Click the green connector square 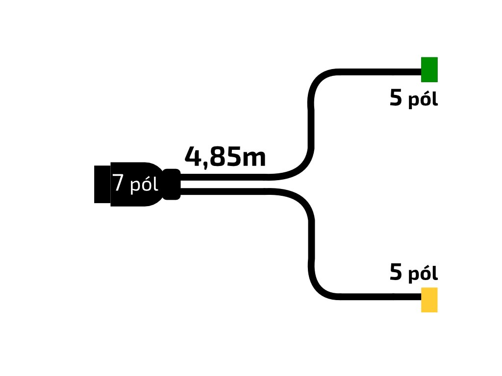coord(429,70)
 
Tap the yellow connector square coord(429,300)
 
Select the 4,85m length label coord(225,157)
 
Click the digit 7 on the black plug coord(118,183)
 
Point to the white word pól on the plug coord(144,186)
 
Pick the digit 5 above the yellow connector coord(396,273)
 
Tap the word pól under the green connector coord(423,100)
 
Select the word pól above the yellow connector coord(423,274)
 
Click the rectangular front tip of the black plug coord(102,184)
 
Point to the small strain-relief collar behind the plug coord(172,184)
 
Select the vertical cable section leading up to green coord(311,122)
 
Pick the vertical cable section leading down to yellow coord(311,245)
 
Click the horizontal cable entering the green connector coord(377,72)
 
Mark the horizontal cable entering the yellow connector coord(377,297)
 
